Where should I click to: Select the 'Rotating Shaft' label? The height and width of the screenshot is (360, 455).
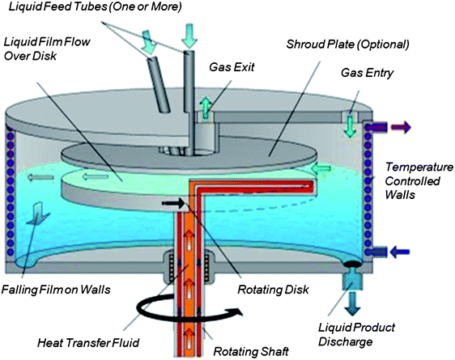pos(263,350)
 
